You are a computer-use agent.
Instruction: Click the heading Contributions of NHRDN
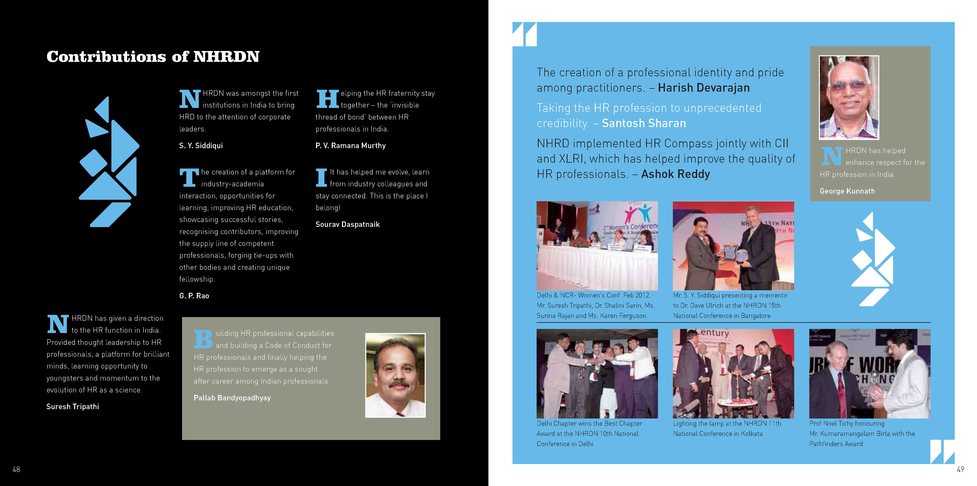pos(153,57)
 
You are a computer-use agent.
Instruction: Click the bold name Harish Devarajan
pos(704,88)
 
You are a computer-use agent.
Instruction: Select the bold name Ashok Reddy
pos(675,174)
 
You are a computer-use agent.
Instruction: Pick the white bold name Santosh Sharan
pos(644,124)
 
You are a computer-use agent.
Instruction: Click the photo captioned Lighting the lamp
pos(733,373)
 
